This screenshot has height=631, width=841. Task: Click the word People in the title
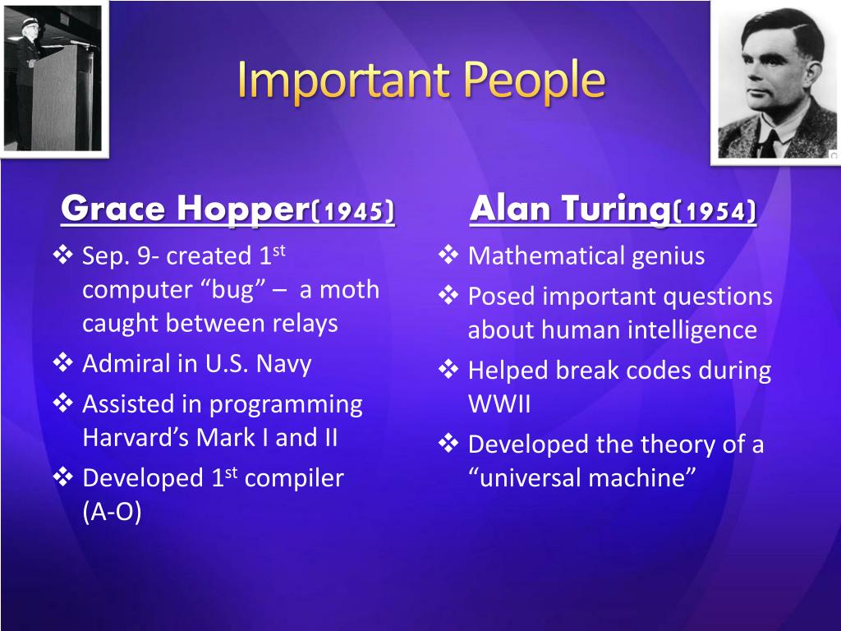534,81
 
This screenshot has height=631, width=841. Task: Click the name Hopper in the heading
243,210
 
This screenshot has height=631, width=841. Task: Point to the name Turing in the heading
616,210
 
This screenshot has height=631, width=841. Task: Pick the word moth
350,290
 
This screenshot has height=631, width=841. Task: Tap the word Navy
283,364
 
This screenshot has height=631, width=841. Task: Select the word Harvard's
136,437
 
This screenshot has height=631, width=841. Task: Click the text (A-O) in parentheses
112,511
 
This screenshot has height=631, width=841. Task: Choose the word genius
669,256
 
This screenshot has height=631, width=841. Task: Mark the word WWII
499,404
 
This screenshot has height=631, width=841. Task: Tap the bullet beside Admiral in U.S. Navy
62,363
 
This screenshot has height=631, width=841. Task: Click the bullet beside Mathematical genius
448,255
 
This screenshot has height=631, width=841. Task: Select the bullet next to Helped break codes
448,370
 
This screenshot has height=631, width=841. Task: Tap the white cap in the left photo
29,22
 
